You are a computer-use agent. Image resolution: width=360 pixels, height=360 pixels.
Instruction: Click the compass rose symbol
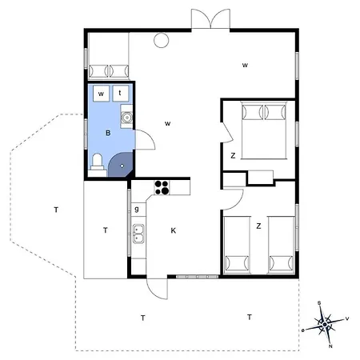[x=326, y=325]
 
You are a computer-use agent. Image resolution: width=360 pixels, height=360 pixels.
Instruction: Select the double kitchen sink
[x=138, y=236]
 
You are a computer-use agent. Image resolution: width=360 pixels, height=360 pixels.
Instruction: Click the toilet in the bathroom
[x=97, y=164]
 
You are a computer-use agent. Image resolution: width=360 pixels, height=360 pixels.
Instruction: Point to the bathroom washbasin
[x=126, y=120]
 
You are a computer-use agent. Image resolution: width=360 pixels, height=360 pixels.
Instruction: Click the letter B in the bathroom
[x=107, y=133]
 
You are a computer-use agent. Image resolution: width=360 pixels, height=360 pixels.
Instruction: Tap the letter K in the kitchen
[x=173, y=231]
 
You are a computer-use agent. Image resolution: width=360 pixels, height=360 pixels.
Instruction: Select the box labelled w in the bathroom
[x=102, y=94]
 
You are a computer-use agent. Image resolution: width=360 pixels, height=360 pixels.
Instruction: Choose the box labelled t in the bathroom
[x=120, y=94]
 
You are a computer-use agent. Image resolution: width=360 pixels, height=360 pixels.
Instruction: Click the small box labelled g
[x=138, y=209]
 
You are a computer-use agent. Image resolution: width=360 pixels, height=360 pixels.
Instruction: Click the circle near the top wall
[x=161, y=39]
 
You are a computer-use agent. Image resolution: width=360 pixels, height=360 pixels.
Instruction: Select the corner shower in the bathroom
[x=120, y=165]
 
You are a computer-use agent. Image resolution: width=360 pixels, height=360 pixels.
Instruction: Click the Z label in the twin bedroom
[x=258, y=226]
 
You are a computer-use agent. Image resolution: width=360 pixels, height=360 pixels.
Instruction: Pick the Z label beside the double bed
[x=232, y=155]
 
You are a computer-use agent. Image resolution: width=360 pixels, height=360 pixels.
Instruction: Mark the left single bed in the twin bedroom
[x=238, y=243]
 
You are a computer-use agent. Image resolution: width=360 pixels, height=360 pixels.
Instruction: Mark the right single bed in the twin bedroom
[x=280, y=243]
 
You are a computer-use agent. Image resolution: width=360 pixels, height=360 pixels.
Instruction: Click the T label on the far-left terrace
[x=56, y=210]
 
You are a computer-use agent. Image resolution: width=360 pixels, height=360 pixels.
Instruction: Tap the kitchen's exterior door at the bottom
[x=158, y=288]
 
